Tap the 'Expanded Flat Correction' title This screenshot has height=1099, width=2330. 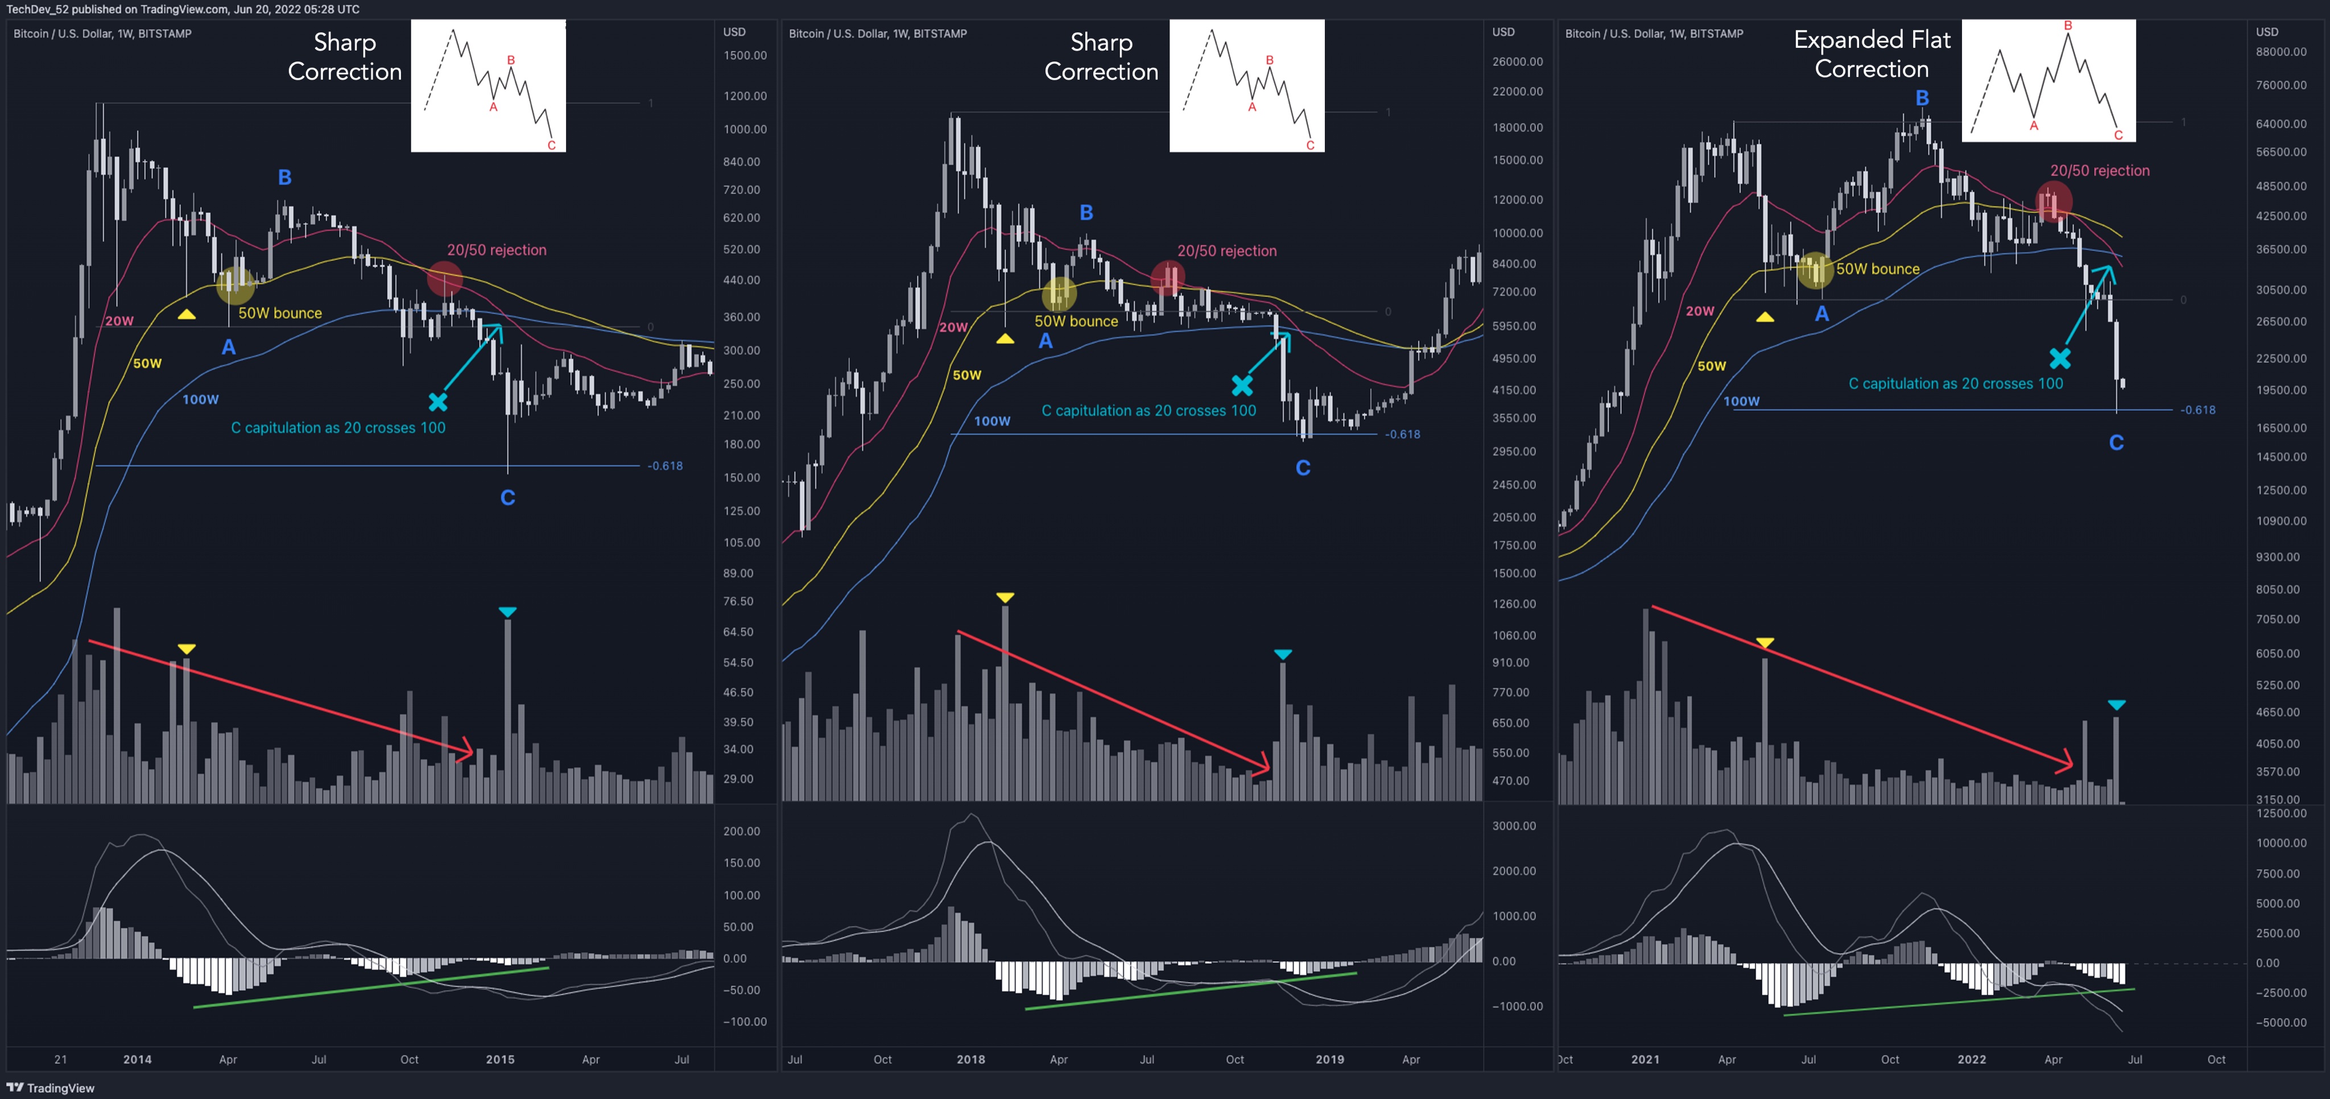(1872, 54)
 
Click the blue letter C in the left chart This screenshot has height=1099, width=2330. (507, 498)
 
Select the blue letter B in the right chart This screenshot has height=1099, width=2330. (1922, 98)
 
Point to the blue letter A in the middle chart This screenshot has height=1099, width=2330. (1046, 341)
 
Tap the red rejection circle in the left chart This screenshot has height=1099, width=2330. (444, 279)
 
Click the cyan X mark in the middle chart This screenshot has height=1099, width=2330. (1242, 385)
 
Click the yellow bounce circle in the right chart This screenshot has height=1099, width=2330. (1815, 270)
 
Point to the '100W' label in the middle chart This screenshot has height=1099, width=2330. (992, 420)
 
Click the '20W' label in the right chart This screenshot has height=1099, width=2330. (1700, 311)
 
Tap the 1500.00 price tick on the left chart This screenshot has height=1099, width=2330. (745, 55)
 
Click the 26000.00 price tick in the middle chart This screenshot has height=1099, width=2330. (1517, 61)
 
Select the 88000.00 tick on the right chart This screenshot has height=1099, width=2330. (2281, 52)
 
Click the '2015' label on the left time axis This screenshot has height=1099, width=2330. (499, 1059)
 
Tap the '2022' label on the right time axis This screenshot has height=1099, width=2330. (1971, 1059)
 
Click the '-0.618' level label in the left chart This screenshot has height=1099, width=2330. (665, 466)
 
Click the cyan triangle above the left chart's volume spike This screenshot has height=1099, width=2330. (507, 613)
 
